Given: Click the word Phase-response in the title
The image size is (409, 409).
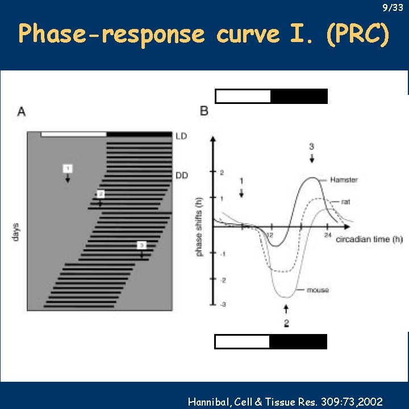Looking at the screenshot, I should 111,35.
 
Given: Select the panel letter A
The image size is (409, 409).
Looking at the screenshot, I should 22,111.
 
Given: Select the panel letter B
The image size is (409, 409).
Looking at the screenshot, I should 204,111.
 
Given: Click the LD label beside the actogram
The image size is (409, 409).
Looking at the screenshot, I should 182,136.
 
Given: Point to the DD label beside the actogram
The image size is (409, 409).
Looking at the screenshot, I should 182,176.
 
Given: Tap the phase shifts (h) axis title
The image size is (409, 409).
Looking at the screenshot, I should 199,224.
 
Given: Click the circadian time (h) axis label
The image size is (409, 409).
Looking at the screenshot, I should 369,239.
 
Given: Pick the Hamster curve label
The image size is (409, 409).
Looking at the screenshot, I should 344,180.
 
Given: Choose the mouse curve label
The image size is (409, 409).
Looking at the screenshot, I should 318,290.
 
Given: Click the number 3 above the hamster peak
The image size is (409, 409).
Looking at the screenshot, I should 311,147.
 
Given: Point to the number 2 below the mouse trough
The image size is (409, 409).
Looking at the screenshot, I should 286,324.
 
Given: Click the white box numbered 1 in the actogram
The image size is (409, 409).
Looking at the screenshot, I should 68,168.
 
